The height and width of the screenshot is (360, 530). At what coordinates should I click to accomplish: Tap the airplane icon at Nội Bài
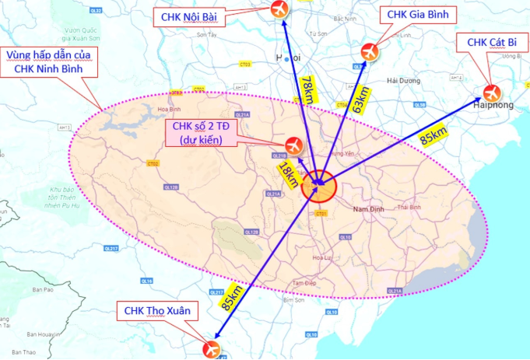tap(278, 10)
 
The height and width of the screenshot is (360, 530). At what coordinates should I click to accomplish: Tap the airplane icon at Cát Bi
tap(492, 93)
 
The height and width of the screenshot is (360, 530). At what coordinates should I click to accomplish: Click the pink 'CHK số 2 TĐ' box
tap(201, 134)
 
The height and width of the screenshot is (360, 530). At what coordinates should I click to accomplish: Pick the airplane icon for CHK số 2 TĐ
tap(293, 145)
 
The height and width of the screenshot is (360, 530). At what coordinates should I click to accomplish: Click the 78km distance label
tap(307, 89)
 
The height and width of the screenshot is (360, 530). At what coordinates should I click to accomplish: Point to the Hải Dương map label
tap(403, 80)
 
